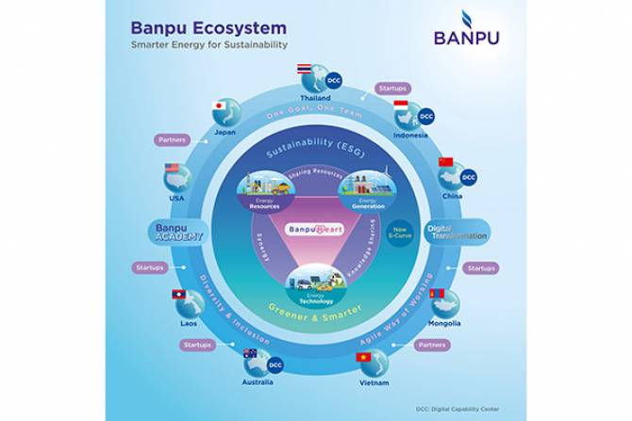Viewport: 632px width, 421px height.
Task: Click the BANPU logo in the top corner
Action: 466,29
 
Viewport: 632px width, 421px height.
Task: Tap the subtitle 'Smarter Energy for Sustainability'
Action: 208,45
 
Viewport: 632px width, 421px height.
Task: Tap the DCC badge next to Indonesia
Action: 426,116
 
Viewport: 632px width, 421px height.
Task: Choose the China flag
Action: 445,162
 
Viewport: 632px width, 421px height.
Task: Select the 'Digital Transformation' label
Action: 457,233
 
